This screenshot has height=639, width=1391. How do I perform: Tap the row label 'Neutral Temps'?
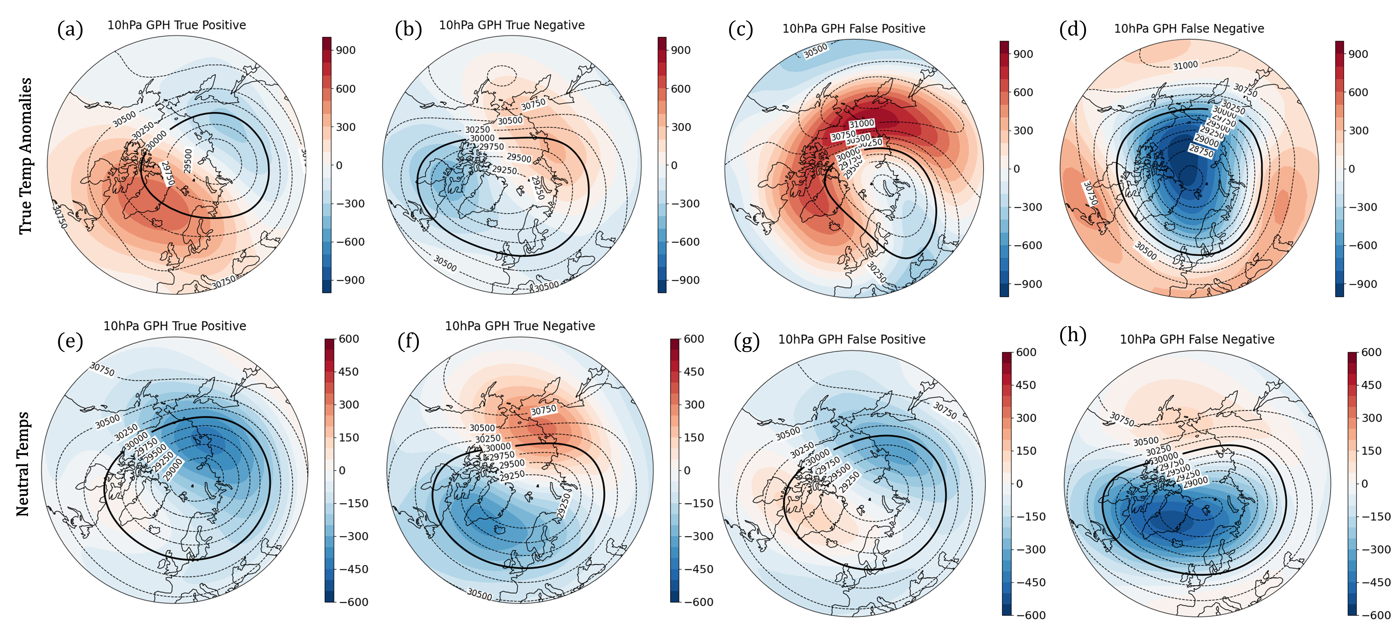coord(23,464)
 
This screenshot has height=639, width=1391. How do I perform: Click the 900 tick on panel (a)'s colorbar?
coord(346,50)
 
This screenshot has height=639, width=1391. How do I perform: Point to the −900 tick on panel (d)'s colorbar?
coord(1362,284)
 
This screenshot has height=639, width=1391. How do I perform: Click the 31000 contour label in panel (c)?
coord(861,124)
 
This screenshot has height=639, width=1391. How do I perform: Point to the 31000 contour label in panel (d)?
coord(1185,65)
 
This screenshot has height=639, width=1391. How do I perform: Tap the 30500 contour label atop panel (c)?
coord(815,51)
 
